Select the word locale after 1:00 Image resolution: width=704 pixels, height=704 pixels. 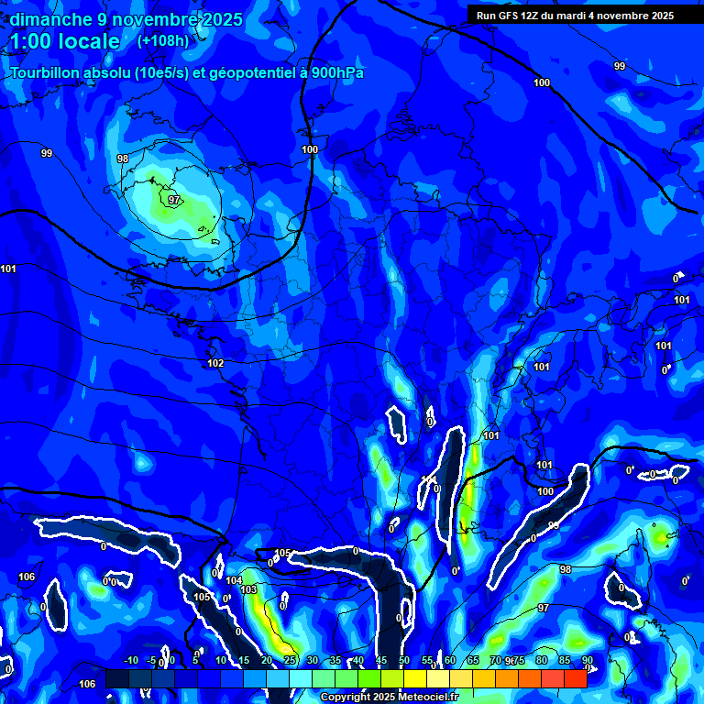87,41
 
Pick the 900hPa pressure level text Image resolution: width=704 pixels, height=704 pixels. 336,73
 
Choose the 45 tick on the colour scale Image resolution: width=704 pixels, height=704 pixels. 380,661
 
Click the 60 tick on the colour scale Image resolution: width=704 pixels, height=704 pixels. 450,661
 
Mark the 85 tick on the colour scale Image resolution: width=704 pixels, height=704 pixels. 564,661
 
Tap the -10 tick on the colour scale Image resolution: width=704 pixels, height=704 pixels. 130,661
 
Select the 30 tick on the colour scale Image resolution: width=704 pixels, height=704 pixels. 313,661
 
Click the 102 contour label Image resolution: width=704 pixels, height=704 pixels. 215,364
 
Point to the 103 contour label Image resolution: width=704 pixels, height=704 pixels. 248,589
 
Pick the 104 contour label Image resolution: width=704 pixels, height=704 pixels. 234,581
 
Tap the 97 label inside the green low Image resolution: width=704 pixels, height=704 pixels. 174,200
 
